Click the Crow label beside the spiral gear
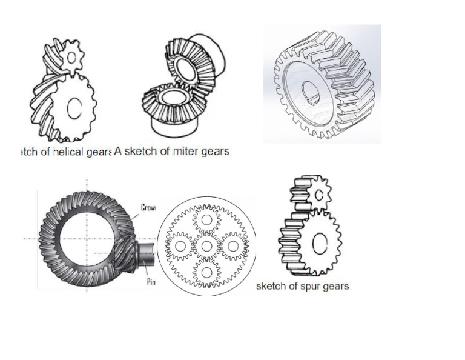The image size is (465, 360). click(148, 208)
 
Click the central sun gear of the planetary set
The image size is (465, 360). click(207, 246)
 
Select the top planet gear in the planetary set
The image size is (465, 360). click(207, 219)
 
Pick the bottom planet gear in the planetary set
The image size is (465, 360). click(207, 273)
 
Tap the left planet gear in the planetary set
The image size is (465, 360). click(180, 246)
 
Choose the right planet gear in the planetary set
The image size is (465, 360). click(234, 246)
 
